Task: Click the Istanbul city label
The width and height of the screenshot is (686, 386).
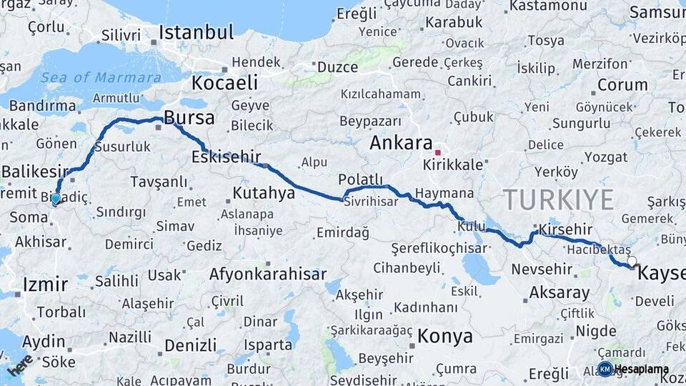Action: pyautogui.click(x=196, y=32)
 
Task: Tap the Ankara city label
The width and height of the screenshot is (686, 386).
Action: pyautogui.click(x=401, y=143)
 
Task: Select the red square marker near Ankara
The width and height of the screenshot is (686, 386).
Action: pyautogui.click(x=438, y=152)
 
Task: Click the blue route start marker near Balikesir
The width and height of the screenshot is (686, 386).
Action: pyautogui.click(x=56, y=198)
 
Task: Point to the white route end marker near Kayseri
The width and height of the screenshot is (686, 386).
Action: pyautogui.click(x=632, y=262)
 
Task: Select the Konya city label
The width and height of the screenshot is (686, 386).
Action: pyautogui.click(x=445, y=335)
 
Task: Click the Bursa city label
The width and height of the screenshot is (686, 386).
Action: pyautogui.click(x=189, y=117)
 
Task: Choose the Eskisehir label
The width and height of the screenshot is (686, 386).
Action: pyautogui.click(x=225, y=157)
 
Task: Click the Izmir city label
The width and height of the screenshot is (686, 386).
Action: pyautogui.click(x=45, y=284)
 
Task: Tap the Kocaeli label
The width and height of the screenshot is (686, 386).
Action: pyautogui.click(x=224, y=83)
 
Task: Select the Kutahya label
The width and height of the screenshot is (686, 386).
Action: pyautogui.click(x=264, y=193)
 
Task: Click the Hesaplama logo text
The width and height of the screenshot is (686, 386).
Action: pyautogui.click(x=641, y=370)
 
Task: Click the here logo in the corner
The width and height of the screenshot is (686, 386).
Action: pyautogui.click(x=19, y=365)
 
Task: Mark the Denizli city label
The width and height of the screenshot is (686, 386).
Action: pyautogui.click(x=190, y=346)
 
